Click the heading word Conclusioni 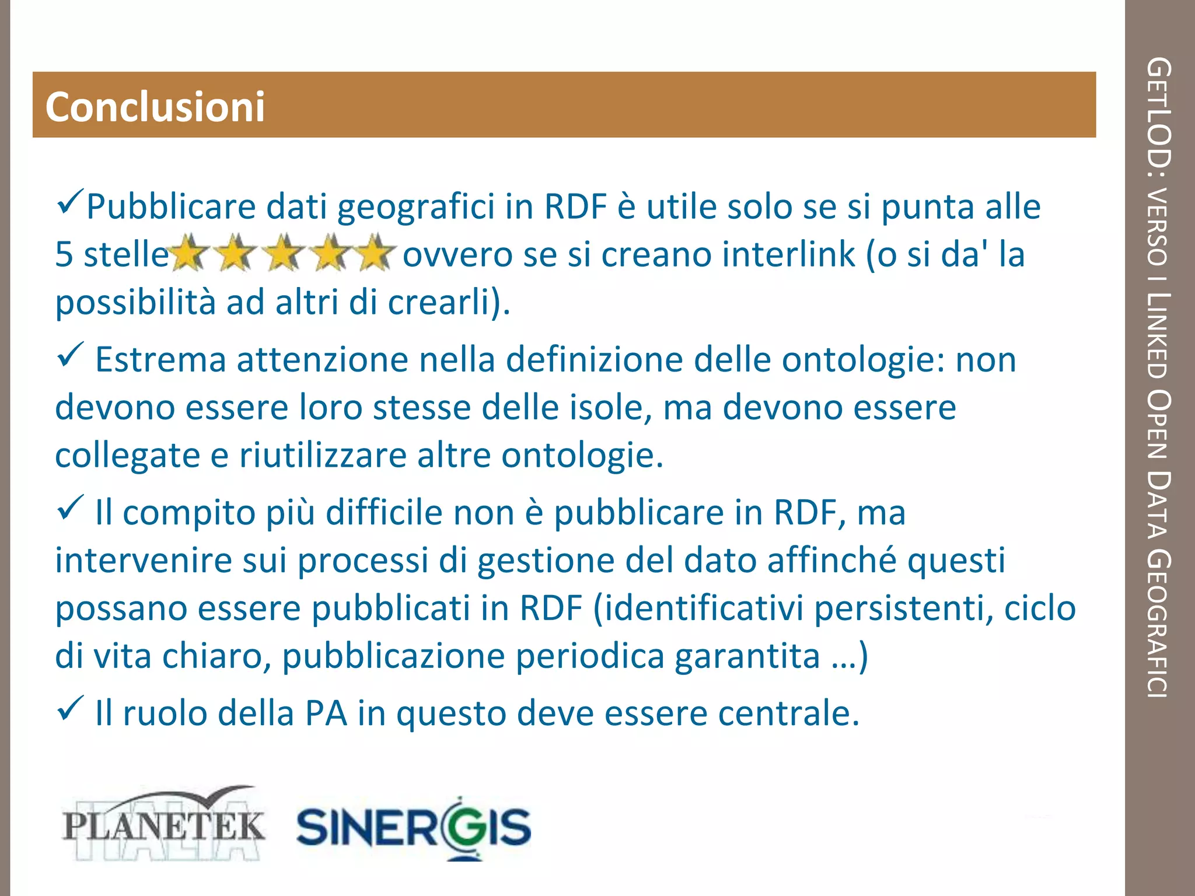click(155, 107)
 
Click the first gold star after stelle click(188, 253)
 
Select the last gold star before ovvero click(374, 253)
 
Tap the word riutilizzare click(323, 456)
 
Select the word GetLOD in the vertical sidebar click(1159, 111)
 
